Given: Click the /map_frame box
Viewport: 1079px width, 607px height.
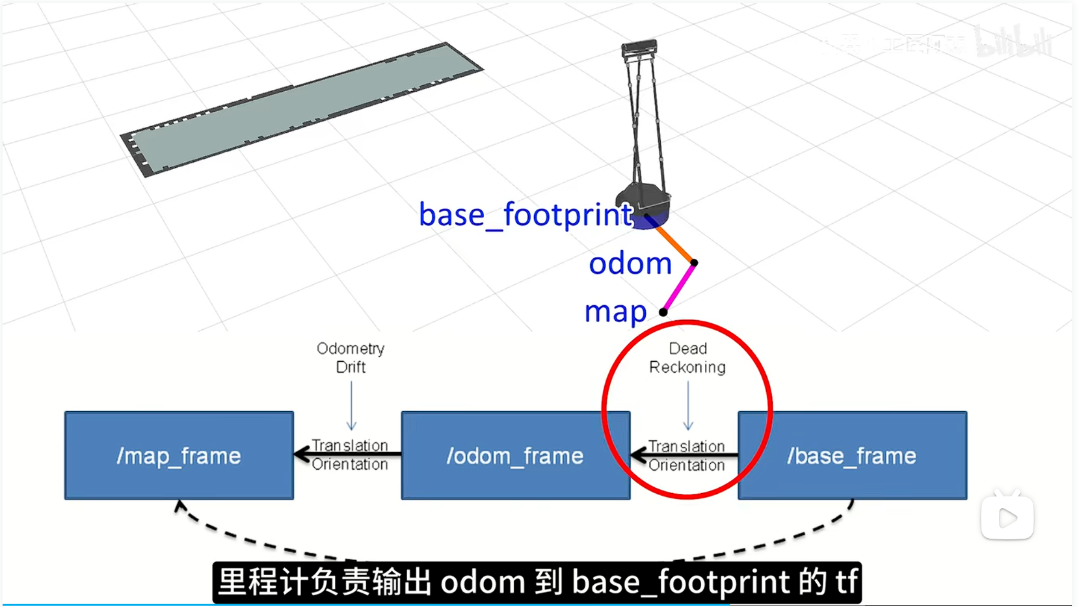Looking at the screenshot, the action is click(x=179, y=455).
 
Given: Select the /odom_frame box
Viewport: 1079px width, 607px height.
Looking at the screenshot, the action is click(x=515, y=455).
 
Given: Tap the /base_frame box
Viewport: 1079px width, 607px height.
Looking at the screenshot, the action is click(x=852, y=455).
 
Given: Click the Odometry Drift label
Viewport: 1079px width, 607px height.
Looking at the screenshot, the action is click(x=351, y=358).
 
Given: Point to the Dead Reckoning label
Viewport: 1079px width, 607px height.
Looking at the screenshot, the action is click(x=687, y=358).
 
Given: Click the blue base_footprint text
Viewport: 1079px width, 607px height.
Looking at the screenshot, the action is click(x=526, y=215).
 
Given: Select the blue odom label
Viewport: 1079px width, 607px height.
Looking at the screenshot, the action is click(x=630, y=263).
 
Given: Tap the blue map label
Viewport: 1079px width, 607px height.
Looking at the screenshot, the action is click(x=615, y=312).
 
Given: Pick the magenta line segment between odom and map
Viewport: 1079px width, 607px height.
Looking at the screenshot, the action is click(x=679, y=287).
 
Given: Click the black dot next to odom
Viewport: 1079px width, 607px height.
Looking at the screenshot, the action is click(x=694, y=263).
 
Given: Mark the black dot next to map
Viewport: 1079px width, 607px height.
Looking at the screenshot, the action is click(x=663, y=312).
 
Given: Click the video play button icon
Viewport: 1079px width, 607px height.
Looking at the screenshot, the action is click(x=1007, y=518).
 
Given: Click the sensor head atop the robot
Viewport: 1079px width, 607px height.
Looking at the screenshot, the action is click(x=639, y=47).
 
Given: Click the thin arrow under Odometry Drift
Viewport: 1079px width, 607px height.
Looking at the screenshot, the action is click(x=352, y=406).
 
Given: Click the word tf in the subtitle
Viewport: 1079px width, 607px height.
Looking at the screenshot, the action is click(x=846, y=582).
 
